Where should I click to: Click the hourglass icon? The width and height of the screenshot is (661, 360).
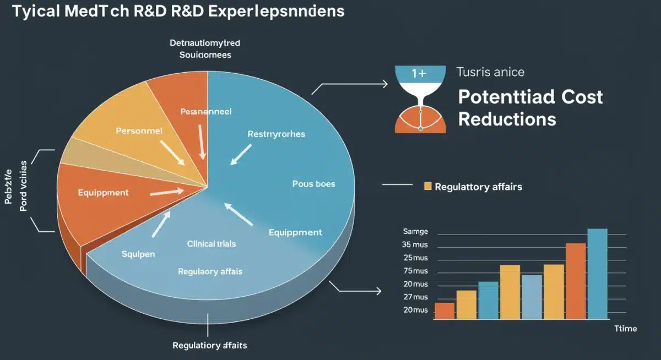tap(420, 100)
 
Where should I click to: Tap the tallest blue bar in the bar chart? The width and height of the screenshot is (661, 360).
tap(597, 274)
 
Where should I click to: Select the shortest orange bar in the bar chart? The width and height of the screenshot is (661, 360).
tap(445, 310)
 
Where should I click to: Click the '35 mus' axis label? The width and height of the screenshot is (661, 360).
tap(415, 244)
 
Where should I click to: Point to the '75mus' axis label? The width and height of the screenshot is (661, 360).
tap(415, 271)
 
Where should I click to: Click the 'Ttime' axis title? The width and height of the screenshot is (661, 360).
tap(625, 329)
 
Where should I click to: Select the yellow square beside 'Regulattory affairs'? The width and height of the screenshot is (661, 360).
tap(427, 187)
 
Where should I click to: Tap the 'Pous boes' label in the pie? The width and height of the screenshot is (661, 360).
tap(313, 184)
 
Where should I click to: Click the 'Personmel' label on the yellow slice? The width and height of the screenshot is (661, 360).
tap(139, 132)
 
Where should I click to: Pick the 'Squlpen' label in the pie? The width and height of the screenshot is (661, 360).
tap(138, 254)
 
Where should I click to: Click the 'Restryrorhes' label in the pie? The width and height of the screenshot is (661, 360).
tap(276, 134)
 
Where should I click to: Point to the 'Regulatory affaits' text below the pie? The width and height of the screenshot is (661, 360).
tap(209, 346)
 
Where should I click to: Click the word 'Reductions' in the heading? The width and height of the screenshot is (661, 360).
tap(507, 119)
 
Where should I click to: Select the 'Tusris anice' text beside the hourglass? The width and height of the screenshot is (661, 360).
tap(490, 72)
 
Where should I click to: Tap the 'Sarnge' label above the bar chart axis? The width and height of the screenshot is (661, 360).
tap(415, 232)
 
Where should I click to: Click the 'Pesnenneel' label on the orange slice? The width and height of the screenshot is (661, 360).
tap(206, 111)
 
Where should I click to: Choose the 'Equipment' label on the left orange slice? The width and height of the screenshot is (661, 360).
tap(103, 193)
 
